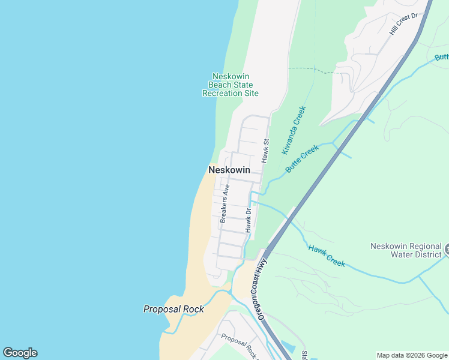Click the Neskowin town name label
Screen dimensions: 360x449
229,170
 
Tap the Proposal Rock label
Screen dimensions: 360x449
173,309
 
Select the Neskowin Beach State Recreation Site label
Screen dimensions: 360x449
231,85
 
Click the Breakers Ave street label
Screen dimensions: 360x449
225,204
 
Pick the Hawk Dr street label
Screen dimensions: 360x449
247,220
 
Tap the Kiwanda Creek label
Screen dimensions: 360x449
294,130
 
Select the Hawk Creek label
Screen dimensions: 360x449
327,256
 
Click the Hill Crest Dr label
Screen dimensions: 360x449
403,25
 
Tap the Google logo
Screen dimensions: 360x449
20,353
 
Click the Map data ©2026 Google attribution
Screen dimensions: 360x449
412,355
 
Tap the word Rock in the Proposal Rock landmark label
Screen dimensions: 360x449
193,309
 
